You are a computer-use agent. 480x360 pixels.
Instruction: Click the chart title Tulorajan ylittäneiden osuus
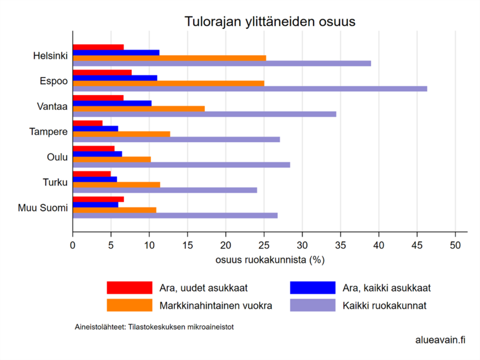[x=270, y=22]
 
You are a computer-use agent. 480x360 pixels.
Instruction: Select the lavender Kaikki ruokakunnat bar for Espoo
[x=249, y=89]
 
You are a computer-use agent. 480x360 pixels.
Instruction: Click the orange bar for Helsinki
[x=169, y=58]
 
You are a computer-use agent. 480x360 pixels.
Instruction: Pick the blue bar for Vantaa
[x=112, y=103]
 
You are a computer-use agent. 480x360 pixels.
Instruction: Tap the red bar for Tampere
[x=87, y=123]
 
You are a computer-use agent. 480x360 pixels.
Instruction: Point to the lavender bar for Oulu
[x=181, y=165]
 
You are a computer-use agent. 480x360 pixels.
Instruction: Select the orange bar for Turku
[x=116, y=184]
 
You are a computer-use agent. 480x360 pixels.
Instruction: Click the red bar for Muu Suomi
[x=98, y=199]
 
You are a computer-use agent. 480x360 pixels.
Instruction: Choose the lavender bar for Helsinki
[x=222, y=63]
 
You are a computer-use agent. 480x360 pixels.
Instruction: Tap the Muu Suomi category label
[x=43, y=208]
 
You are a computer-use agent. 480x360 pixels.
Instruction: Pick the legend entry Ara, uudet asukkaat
[x=203, y=288]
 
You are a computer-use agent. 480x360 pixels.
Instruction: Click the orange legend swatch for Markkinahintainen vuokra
[x=129, y=305]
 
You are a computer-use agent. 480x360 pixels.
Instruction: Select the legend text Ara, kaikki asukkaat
[x=387, y=288]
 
